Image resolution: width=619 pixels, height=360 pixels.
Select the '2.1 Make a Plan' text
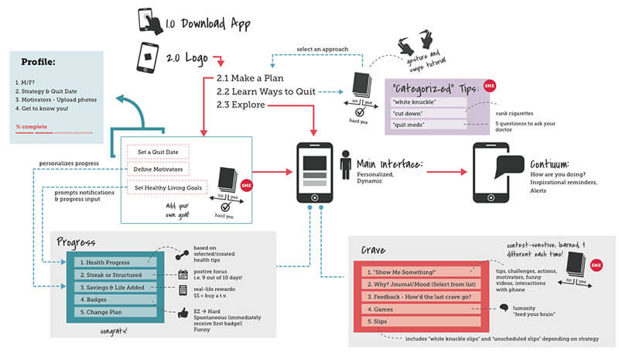(249, 78)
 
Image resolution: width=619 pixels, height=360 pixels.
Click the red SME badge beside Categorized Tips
(489, 86)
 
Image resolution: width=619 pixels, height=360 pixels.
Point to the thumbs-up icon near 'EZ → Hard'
(184, 313)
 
